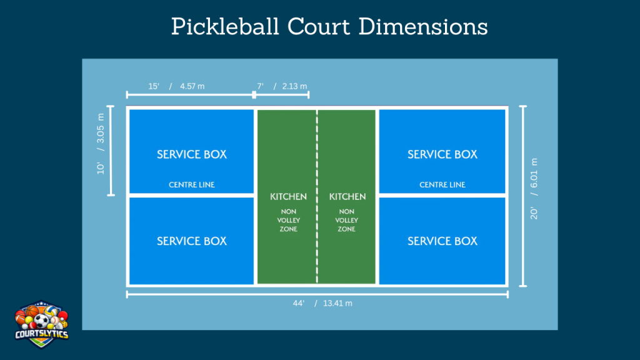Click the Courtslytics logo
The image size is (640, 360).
tap(42, 322)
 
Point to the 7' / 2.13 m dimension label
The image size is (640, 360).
tap(282, 86)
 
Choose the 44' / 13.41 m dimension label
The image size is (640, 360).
tap(322, 303)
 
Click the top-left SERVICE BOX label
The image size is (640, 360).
tap(192, 154)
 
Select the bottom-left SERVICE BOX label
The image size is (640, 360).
tap(192, 241)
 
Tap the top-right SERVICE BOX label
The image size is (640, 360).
tap(442, 154)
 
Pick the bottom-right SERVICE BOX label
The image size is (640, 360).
tap(442, 241)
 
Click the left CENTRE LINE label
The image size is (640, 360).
tap(192, 185)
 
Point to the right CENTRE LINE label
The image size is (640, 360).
tap(442, 185)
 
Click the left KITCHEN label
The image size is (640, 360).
tap(288, 197)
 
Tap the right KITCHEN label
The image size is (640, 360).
tap(347, 197)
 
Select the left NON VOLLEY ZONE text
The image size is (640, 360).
tap(288, 221)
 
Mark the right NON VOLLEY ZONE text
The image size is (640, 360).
tap(347, 221)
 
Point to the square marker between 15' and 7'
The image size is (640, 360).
tap(254, 95)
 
